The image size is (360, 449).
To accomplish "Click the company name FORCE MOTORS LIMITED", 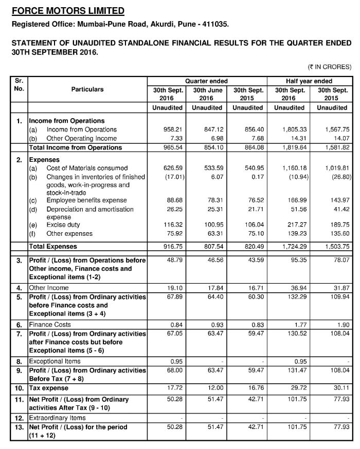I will click(68, 11).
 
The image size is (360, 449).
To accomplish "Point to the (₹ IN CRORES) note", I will click(329, 67).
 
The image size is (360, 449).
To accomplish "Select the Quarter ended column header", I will click(206, 81).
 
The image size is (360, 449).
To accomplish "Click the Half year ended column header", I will click(309, 81).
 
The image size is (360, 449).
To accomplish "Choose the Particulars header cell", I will click(87, 89).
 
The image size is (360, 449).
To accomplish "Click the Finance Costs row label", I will click(50, 325).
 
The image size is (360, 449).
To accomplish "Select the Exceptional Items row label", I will click(55, 361).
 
